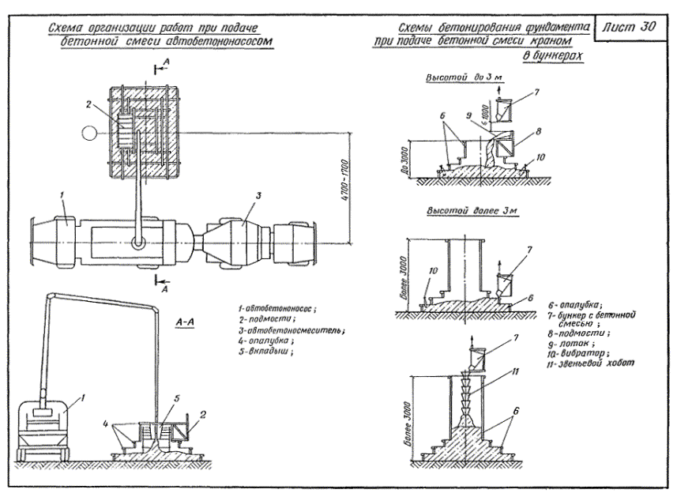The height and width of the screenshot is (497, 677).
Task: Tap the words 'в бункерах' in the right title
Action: pyautogui.click(x=552, y=58)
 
